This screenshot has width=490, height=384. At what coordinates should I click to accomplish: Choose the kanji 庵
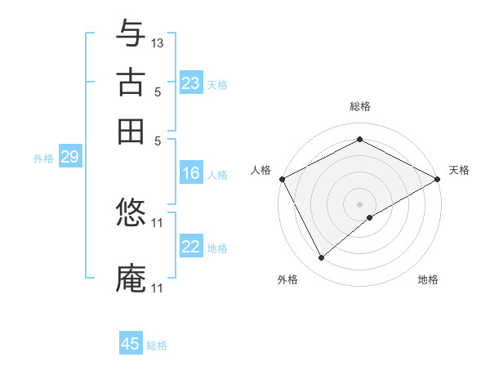tap(131, 279)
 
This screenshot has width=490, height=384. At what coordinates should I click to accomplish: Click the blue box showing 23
tap(191, 83)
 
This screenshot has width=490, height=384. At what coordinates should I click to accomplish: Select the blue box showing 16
tap(191, 173)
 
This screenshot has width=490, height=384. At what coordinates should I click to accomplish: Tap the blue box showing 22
tap(191, 247)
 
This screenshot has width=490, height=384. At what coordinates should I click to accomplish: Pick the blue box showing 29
tap(69, 158)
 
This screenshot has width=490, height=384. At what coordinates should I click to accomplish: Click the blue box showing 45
tap(131, 344)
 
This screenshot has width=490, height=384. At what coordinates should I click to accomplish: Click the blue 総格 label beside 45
tap(157, 346)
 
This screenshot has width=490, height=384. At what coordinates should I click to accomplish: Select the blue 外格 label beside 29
tap(43, 159)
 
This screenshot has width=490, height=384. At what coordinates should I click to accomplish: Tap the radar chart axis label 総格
tap(360, 106)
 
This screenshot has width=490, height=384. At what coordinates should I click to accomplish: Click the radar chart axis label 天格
tap(459, 170)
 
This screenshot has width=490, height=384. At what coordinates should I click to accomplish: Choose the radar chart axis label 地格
tap(428, 280)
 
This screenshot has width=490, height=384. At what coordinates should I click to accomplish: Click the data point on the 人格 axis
tap(282, 178)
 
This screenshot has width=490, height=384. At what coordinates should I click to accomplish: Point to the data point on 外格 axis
tap(321, 258)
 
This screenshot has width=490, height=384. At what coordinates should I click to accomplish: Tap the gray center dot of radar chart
tap(360, 203)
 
